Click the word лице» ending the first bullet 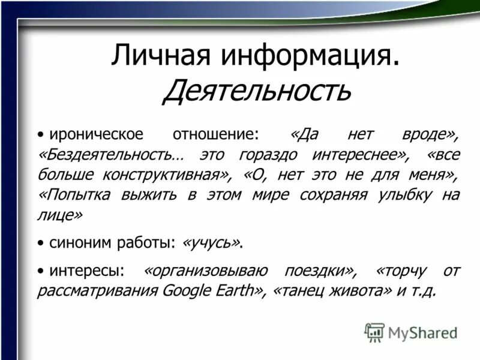click(60, 214)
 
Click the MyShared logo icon click(374, 332)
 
